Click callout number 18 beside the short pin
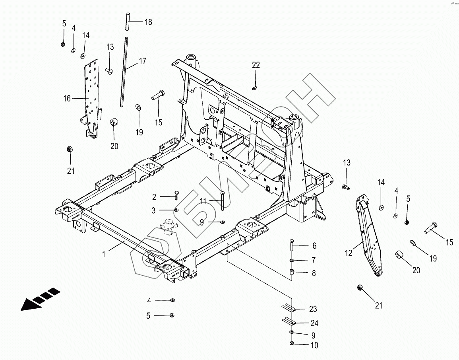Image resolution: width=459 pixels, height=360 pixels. (148, 22)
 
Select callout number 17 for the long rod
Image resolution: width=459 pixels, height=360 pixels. (142, 61)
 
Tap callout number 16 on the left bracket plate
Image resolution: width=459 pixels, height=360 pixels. (66, 98)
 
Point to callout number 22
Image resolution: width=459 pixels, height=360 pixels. (256, 65)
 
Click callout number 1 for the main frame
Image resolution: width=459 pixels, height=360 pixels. (104, 254)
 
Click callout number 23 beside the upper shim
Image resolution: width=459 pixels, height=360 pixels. (314, 309)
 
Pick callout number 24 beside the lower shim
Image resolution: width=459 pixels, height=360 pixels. (314, 323)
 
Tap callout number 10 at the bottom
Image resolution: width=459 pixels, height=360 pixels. (314, 345)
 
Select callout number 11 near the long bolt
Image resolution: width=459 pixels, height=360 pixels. (203, 202)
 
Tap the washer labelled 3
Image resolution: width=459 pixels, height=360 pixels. (176, 210)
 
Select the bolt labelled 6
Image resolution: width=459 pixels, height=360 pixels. (291, 245)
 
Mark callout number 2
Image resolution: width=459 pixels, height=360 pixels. (154, 197)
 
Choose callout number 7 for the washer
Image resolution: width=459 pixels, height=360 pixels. (314, 260)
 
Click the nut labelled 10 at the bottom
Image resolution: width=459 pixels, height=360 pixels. (291, 344)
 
